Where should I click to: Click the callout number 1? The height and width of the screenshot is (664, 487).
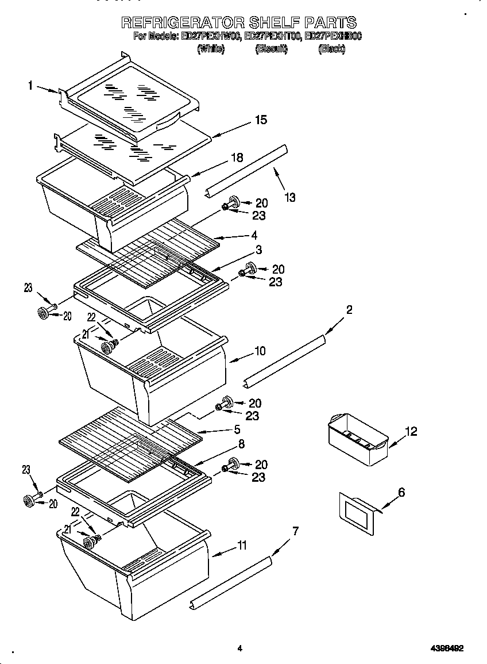[30, 86]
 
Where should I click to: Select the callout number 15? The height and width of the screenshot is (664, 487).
[261, 120]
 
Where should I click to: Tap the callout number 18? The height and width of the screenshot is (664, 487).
[237, 158]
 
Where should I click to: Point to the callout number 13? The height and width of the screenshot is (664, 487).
[290, 198]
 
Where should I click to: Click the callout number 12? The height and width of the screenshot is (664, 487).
[411, 431]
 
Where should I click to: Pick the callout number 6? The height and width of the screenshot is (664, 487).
[401, 492]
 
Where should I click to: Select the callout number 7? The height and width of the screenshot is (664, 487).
[295, 531]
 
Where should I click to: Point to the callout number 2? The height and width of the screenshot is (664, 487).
[349, 310]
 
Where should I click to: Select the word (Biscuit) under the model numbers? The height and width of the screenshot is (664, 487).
[271, 49]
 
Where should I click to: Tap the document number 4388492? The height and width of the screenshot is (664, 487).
[447, 648]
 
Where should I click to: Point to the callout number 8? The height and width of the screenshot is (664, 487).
[241, 444]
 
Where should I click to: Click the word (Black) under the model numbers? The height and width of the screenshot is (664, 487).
[331, 49]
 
